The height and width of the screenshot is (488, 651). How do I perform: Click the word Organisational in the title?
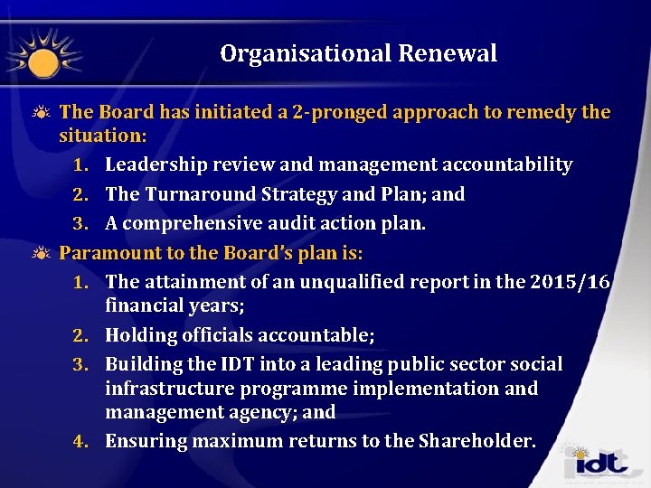click(304, 53)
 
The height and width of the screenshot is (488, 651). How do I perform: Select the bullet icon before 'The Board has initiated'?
click(42, 112)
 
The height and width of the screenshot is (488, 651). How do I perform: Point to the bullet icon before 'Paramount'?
click(42, 253)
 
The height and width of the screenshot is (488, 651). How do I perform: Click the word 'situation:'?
click(103, 136)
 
